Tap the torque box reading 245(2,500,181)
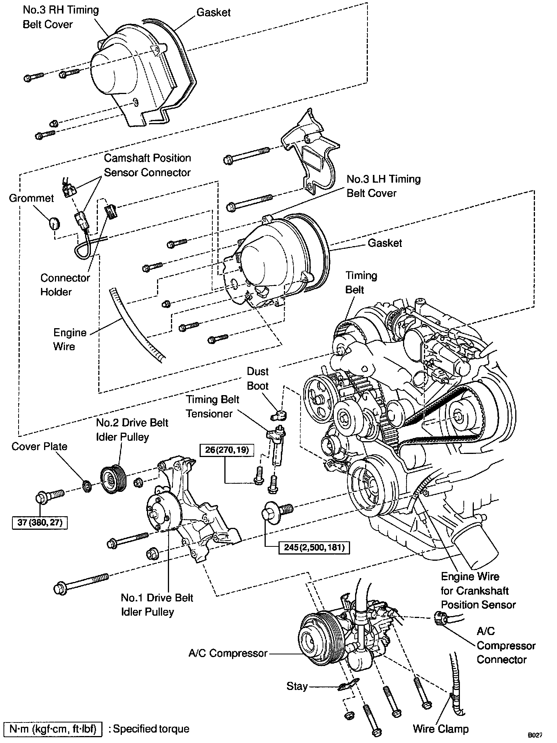311,547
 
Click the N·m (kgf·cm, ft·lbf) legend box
53,729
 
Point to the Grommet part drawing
55,223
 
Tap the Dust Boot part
279,415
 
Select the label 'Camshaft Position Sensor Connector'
147,165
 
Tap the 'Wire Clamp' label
441,729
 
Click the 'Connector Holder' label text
65,285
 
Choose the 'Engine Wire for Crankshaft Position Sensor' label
478,591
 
